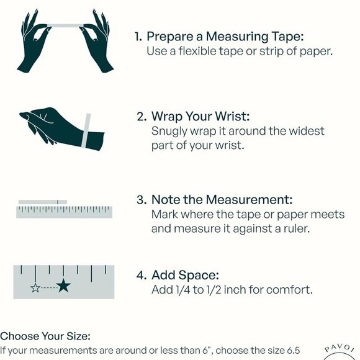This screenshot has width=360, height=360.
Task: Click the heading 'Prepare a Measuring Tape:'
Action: coord(225,37)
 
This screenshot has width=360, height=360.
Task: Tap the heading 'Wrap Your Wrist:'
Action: coord(200,117)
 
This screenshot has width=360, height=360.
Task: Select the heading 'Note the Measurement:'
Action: coord(222,199)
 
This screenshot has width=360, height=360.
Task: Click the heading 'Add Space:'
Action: coord(185,275)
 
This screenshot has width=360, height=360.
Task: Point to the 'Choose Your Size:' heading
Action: coord(45,336)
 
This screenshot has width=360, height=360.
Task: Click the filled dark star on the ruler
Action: coord(63,286)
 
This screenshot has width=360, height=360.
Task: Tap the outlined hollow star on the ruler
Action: coord(35,287)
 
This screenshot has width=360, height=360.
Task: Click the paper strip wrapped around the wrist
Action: coord(86,130)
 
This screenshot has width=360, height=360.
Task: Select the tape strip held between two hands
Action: coord(65,25)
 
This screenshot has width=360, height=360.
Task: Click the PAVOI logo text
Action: coord(340,348)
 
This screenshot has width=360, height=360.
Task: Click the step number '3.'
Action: coord(142,199)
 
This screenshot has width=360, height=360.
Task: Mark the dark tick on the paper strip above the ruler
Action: coord(58,202)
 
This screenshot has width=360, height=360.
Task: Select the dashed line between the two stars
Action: coord(48,288)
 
